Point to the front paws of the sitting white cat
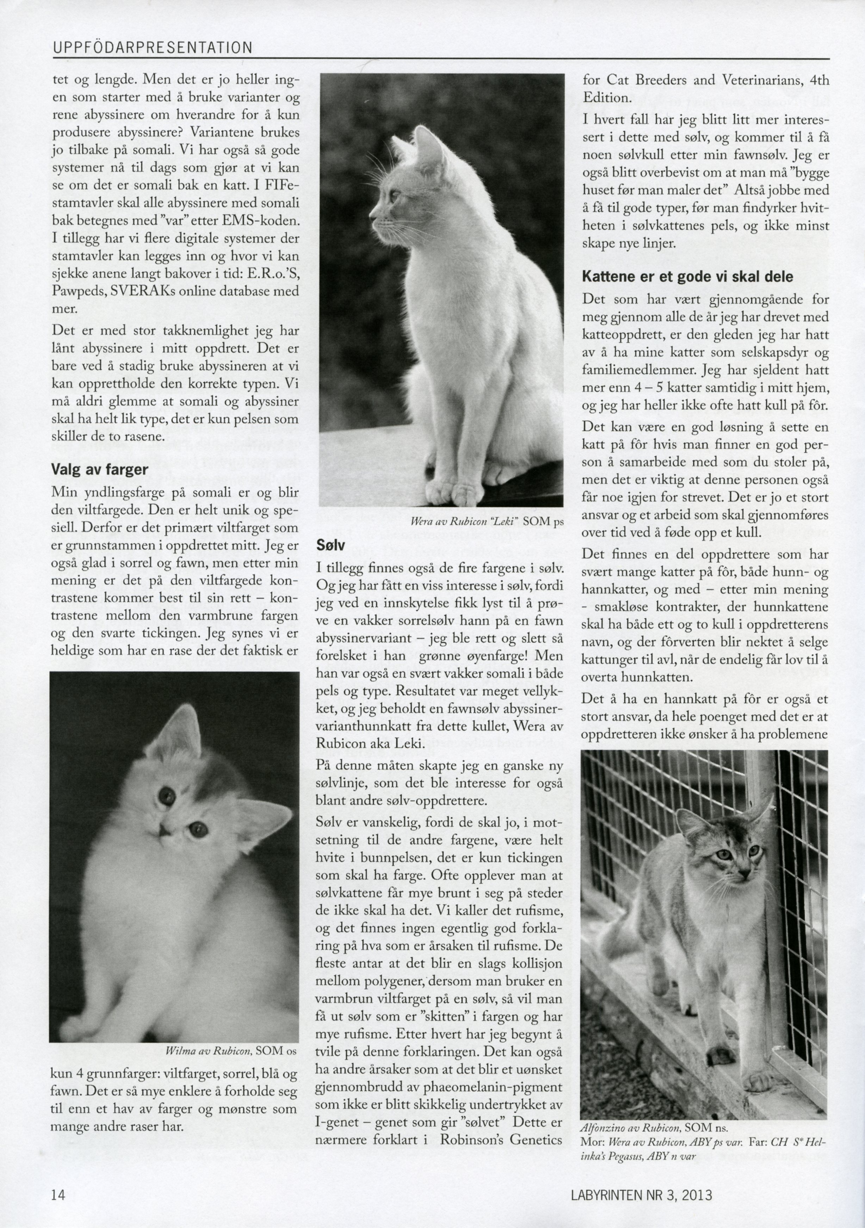pos(452,489)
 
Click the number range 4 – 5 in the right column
pos(646,387)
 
